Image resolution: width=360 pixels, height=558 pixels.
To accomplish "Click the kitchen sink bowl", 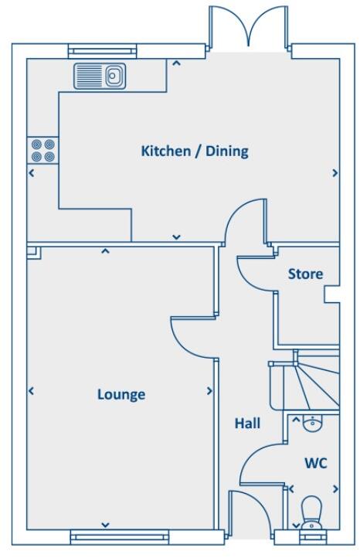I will click(113, 76).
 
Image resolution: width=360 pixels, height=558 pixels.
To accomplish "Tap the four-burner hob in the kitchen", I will click(42, 149).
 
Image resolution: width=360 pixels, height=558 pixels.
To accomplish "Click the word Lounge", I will click(121, 395).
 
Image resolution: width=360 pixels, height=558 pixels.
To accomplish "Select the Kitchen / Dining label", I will click(195, 151).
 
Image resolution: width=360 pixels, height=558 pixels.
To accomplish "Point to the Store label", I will click(305, 274).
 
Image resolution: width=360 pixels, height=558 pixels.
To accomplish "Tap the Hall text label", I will click(247, 424).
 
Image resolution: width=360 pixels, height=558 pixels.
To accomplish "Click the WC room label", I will click(316, 464).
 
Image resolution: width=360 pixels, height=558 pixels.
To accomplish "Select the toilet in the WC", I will click(311, 512).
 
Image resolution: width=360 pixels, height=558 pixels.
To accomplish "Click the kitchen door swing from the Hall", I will click(243, 220).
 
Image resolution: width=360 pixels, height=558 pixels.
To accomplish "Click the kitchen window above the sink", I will click(102, 51).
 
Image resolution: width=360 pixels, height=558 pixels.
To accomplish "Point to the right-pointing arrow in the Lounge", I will click(209, 392).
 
